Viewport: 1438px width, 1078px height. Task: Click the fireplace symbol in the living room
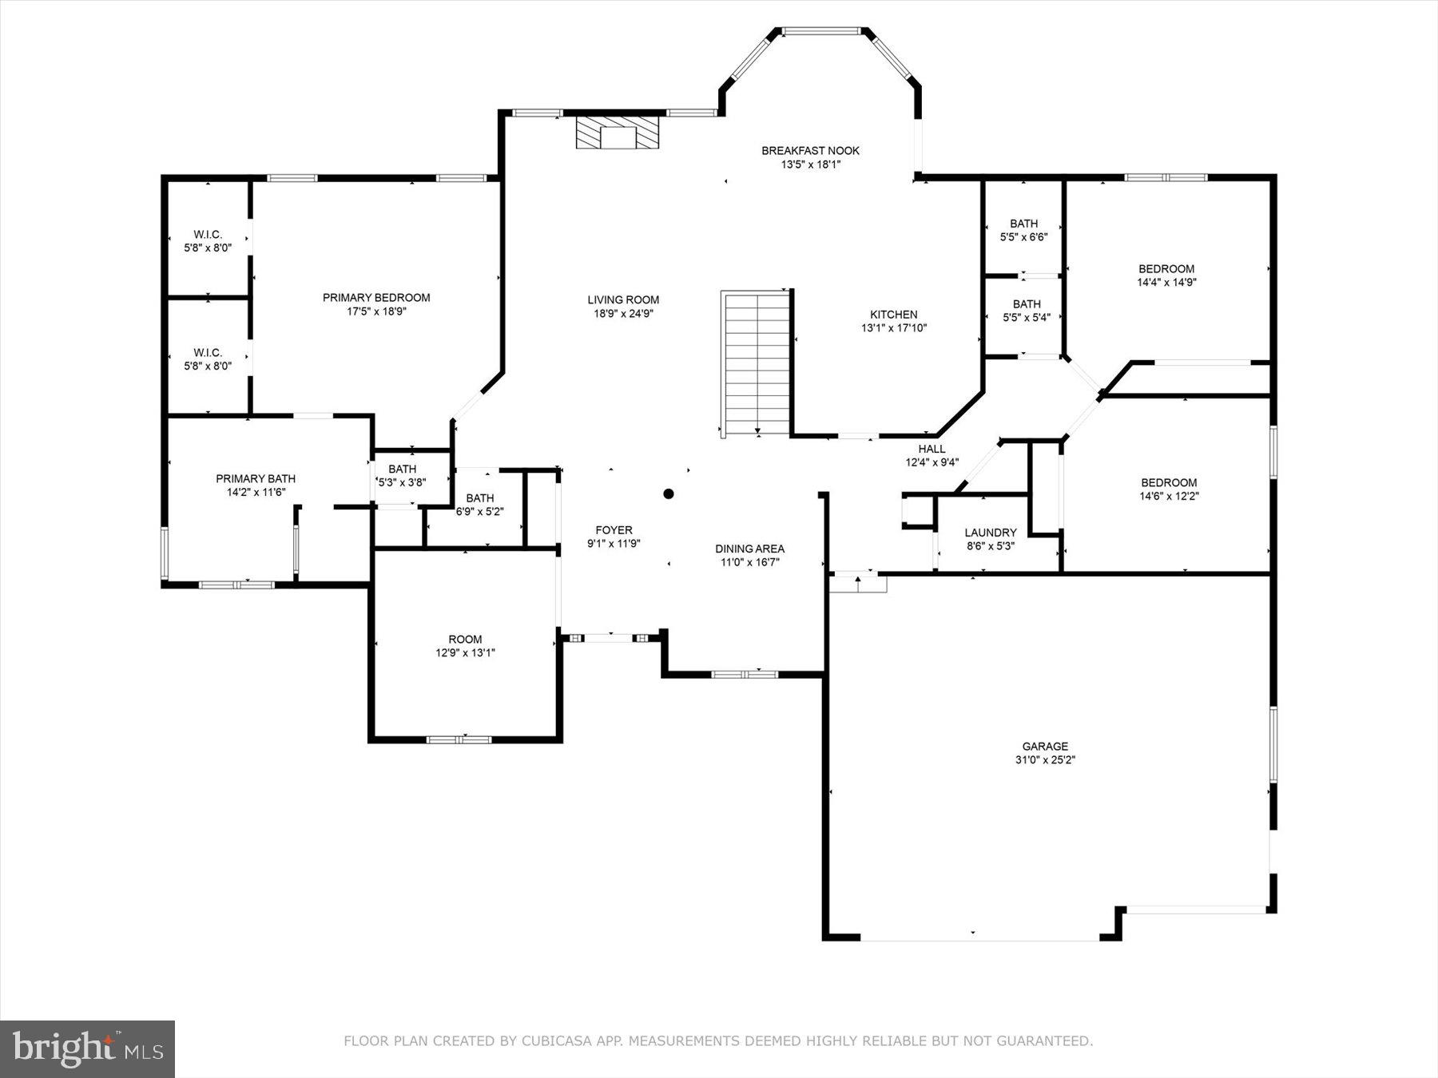coord(618,133)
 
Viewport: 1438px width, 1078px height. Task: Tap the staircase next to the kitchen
coord(756,363)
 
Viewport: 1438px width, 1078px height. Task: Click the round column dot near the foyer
coord(669,493)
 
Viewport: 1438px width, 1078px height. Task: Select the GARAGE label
coord(1045,747)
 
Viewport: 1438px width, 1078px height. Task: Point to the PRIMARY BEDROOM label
coord(376,298)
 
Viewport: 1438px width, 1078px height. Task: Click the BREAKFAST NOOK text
coord(810,151)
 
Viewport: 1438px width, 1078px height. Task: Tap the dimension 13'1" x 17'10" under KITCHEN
coord(893,327)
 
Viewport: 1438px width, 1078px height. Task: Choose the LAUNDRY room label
coord(991,533)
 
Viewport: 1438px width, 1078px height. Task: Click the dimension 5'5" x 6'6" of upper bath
coord(1023,237)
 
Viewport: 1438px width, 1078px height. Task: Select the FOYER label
coord(614,530)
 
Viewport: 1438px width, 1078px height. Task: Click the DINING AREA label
coord(749,549)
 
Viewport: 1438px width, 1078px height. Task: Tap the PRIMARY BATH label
coord(256,479)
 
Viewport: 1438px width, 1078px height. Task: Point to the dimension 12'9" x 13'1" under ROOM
coord(465,652)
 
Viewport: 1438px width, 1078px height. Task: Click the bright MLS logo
coord(87,1048)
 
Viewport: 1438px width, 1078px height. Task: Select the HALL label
coord(932,449)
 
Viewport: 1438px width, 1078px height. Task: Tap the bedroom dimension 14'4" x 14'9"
coord(1166,282)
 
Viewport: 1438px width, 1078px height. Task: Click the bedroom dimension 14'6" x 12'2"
coord(1169,496)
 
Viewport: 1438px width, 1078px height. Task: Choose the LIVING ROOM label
coord(623,300)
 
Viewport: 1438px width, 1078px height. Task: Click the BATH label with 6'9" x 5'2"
coord(479,498)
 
